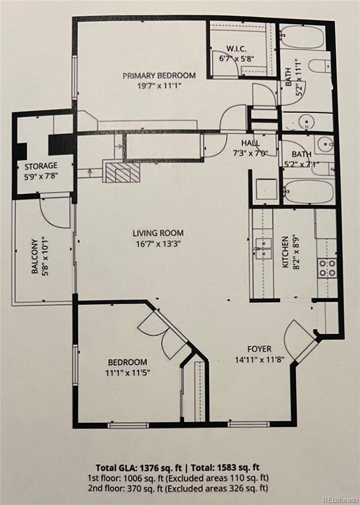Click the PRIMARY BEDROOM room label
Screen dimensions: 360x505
[159, 75]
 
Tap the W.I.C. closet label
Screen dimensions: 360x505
[236, 48]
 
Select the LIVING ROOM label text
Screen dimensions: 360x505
[158, 233]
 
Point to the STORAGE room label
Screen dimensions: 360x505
[41, 166]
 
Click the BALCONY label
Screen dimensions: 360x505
[34, 256]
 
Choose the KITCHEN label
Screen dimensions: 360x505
[285, 252]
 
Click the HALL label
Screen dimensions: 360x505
[250, 143]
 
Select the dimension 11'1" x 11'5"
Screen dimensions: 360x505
[127, 373]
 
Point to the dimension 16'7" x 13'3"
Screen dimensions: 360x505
[159, 244]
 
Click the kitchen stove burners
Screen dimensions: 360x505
[326, 268]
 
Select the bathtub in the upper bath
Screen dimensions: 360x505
[302, 37]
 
